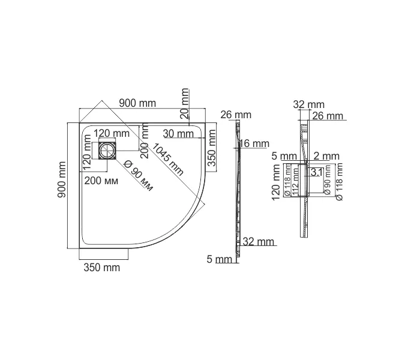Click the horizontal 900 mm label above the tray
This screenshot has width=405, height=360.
tap(137, 103)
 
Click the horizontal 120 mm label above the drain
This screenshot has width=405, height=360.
tap(112, 133)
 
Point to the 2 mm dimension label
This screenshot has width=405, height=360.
tap(326, 157)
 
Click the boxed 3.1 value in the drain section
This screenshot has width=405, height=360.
tap(317, 172)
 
